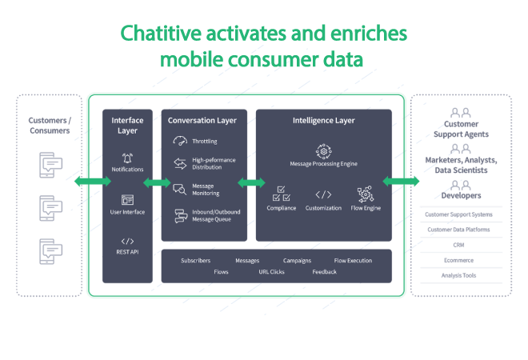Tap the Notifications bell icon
pyautogui.click(x=127, y=158)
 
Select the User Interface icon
pyautogui.click(x=127, y=200)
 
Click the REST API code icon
pyautogui.click(x=127, y=241)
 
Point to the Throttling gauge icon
pyautogui.click(x=180, y=142)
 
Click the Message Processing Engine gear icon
pyautogui.click(x=323, y=150)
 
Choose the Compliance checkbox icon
pyautogui.click(x=281, y=194)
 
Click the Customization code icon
pyautogui.click(x=323, y=194)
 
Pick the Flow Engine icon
pyautogui.click(x=365, y=194)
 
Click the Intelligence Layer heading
pyautogui.click(x=323, y=121)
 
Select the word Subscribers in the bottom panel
pyautogui.click(x=195, y=261)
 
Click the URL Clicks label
pyautogui.click(x=271, y=272)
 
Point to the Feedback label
pyautogui.click(x=324, y=272)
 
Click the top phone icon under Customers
pyautogui.click(x=50, y=166)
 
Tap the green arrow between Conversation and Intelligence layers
pyautogui.click(x=252, y=182)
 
